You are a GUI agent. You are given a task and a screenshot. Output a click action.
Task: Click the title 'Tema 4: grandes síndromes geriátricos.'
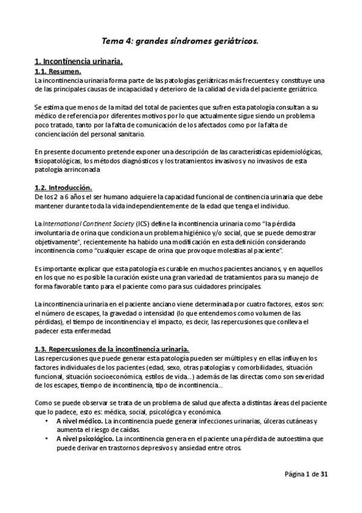(181, 41)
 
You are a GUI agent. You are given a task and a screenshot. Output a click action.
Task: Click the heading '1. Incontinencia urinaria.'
(79, 62)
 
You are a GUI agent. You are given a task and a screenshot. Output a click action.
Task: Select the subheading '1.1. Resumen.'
(58, 72)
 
